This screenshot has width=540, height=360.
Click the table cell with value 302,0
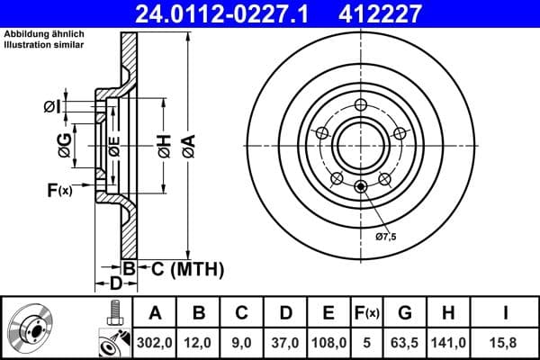click(x=155, y=342)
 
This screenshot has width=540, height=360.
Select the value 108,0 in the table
click(x=328, y=342)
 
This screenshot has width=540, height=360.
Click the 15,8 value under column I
click(x=505, y=342)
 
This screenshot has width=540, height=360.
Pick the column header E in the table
click(x=328, y=312)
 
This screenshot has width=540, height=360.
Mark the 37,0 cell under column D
click(x=285, y=342)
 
